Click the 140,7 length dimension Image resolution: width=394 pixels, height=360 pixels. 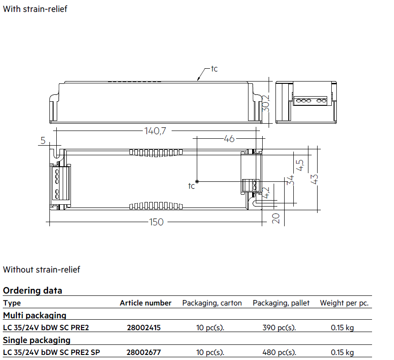pyautogui.click(x=155, y=131)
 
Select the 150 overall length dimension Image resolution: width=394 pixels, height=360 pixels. pyautogui.click(x=156, y=222)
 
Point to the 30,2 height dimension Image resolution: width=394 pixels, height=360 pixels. pyautogui.click(x=265, y=104)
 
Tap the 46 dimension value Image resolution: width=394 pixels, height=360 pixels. pyautogui.click(x=229, y=139)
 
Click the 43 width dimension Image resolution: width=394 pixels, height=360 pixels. pyautogui.click(x=314, y=179)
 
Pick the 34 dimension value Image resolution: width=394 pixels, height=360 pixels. pyautogui.click(x=291, y=180)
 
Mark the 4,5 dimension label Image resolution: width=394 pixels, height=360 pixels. pyautogui.click(x=300, y=165)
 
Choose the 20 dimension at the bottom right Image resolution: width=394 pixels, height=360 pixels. pyautogui.click(x=275, y=218)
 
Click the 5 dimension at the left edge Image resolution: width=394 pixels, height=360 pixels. pyautogui.click(x=43, y=140)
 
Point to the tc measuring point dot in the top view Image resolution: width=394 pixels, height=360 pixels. pyautogui.click(x=197, y=181)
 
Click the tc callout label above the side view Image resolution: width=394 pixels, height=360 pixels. pyautogui.click(x=214, y=69)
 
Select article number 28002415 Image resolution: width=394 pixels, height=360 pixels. pyautogui.click(x=144, y=327)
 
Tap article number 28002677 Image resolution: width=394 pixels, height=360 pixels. pyautogui.click(x=144, y=352)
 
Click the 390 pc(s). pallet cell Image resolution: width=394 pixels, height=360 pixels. pyautogui.click(x=279, y=327)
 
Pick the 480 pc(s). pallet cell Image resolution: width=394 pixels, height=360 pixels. pyautogui.click(x=279, y=352)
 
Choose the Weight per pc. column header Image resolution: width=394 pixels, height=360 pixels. pyautogui.click(x=344, y=303)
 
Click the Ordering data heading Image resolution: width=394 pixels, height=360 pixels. pyautogui.click(x=32, y=290)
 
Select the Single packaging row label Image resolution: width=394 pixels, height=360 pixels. pyautogui.click(x=37, y=340)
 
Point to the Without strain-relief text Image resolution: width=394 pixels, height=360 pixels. pyautogui.click(x=42, y=269)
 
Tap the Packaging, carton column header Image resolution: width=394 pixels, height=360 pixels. pyautogui.click(x=212, y=303)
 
